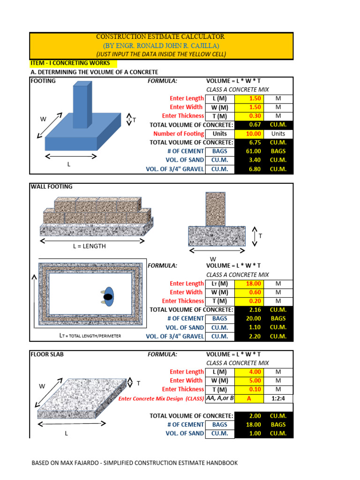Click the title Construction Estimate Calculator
coord(160,37)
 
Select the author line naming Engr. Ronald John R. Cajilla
coord(160,45)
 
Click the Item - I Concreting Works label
coord(70,63)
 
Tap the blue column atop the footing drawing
coord(80,105)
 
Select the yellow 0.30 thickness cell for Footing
coord(249,116)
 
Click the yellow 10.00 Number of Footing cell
coord(249,134)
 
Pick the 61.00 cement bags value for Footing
coord(249,151)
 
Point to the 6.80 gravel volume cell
coord(249,169)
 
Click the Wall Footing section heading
coord(52,187)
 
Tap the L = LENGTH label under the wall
coord(89,246)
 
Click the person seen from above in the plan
coord(108,297)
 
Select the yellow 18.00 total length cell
coord(249,284)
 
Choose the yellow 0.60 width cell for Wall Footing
coord(249,292)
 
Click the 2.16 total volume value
coord(249,310)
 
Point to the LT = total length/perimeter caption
coord(90,336)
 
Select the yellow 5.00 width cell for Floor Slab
coord(249,381)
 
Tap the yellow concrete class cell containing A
coord(249,398)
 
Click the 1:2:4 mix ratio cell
coord(278,398)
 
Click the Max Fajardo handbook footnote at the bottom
coord(135,463)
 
